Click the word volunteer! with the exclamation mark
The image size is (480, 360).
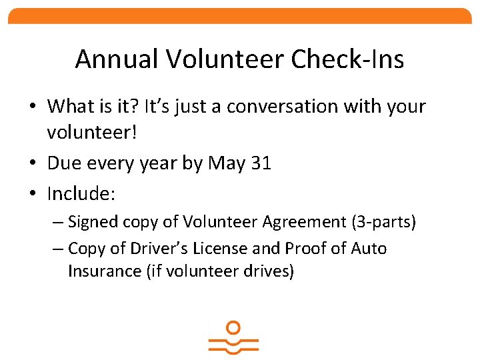(92, 132)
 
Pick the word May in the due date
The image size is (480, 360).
(227, 163)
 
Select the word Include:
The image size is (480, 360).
(82, 194)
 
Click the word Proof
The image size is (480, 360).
(306, 249)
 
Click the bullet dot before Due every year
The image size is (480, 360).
(33, 164)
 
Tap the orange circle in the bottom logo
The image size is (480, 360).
(233, 327)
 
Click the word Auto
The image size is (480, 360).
(369, 249)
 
